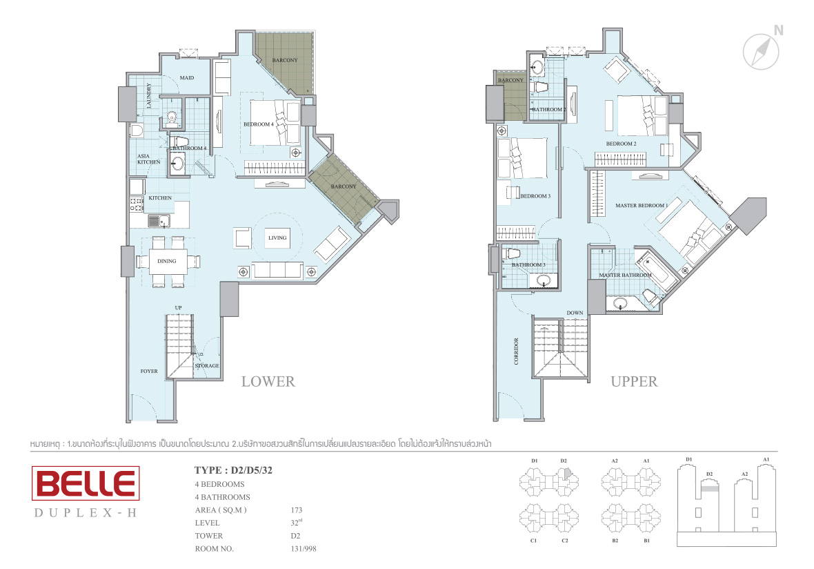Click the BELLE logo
pyautogui.click(x=86, y=483)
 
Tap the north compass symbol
pyautogui.click(x=761, y=51)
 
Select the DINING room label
pyautogui.click(x=167, y=262)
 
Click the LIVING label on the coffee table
pyautogui.click(x=277, y=238)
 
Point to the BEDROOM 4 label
pyautogui.click(x=259, y=124)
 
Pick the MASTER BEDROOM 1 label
pyautogui.click(x=642, y=206)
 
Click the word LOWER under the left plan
pyautogui.click(x=268, y=381)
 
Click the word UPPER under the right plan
pyautogui.click(x=634, y=381)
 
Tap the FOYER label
pyautogui.click(x=149, y=371)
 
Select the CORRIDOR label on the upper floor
pyautogui.click(x=516, y=351)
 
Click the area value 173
pyautogui.click(x=297, y=510)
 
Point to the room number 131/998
pyautogui.click(x=303, y=549)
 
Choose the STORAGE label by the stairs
pyautogui.click(x=207, y=366)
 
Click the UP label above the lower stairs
pyautogui.click(x=178, y=307)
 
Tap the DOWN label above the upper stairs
pyautogui.click(x=575, y=313)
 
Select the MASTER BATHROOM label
pyautogui.click(x=625, y=275)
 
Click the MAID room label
pyautogui.click(x=187, y=78)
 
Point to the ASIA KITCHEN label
pyautogui.click(x=148, y=159)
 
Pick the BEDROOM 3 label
pyautogui.click(x=535, y=196)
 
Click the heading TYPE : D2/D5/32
pyautogui.click(x=233, y=470)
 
